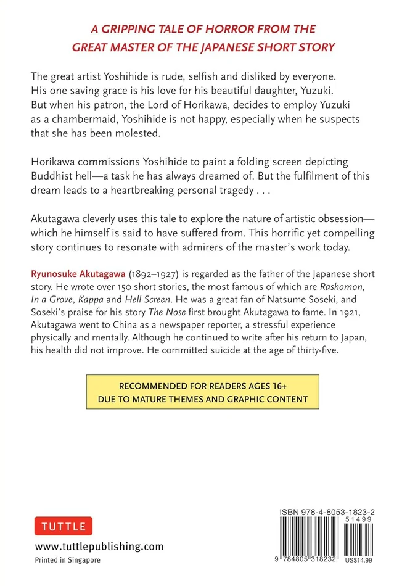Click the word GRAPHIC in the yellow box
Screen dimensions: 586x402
237,399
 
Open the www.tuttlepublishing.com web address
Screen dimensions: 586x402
99,546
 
